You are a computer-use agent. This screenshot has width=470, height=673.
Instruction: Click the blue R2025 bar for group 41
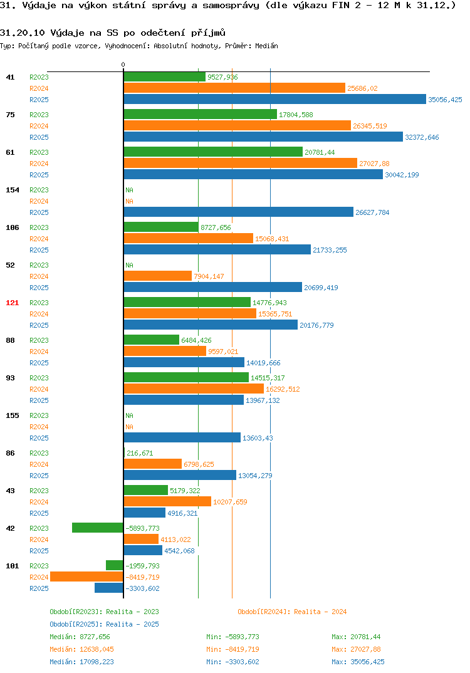click(274, 99)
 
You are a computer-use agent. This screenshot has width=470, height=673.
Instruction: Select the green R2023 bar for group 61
click(213, 152)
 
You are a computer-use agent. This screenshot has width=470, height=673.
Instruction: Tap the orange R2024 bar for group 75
click(238, 125)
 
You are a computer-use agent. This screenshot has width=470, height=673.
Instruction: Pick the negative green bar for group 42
click(97, 528)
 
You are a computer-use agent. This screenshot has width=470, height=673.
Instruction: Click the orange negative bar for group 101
click(86, 577)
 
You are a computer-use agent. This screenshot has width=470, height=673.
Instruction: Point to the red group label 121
click(13, 303)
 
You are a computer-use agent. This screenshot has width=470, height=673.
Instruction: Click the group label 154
click(13, 190)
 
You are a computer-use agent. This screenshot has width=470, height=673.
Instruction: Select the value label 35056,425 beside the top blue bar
click(445, 100)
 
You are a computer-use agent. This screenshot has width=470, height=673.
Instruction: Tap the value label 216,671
click(140, 453)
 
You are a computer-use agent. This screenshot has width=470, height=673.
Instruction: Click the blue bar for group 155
click(182, 437)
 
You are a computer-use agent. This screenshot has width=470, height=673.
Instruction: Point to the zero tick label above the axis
click(123, 65)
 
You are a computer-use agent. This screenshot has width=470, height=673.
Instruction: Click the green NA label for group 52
click(129, 265)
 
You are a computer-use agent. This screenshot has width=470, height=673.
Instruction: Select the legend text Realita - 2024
click(320, 612)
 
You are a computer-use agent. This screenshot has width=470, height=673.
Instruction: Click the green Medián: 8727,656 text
click(80, 637)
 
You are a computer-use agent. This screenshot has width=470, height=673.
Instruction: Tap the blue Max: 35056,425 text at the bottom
click(358, 662)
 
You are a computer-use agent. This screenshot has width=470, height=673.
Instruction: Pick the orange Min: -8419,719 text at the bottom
click(232, 649)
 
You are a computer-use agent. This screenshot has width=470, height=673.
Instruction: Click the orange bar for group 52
click(157, 276)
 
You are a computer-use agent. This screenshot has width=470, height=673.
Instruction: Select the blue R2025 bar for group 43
click(144, 513)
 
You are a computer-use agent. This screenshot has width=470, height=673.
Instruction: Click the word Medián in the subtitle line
click(266, 46)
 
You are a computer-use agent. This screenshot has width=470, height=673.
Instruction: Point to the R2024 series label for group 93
click(39, 389)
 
